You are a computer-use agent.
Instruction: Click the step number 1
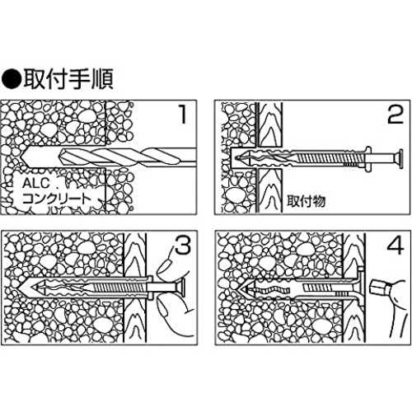[183, 114]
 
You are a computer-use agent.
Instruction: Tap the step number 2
[396, 114]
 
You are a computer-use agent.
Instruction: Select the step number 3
[183, 245]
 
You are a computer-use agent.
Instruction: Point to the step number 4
[396, 245]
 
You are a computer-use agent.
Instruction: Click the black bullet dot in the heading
[12, 79]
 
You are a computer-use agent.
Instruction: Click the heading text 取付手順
[68, 79]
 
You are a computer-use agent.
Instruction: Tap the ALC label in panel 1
[36, 183]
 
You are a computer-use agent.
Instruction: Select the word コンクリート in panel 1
[56, 199]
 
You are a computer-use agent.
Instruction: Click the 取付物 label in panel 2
[306, 201]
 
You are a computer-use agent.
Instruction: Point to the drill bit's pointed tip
[21, 157]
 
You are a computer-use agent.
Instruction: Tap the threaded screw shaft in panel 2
[324, 159]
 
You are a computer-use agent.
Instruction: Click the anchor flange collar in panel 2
[368, 159]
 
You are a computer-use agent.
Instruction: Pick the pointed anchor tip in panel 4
[238, 289]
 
